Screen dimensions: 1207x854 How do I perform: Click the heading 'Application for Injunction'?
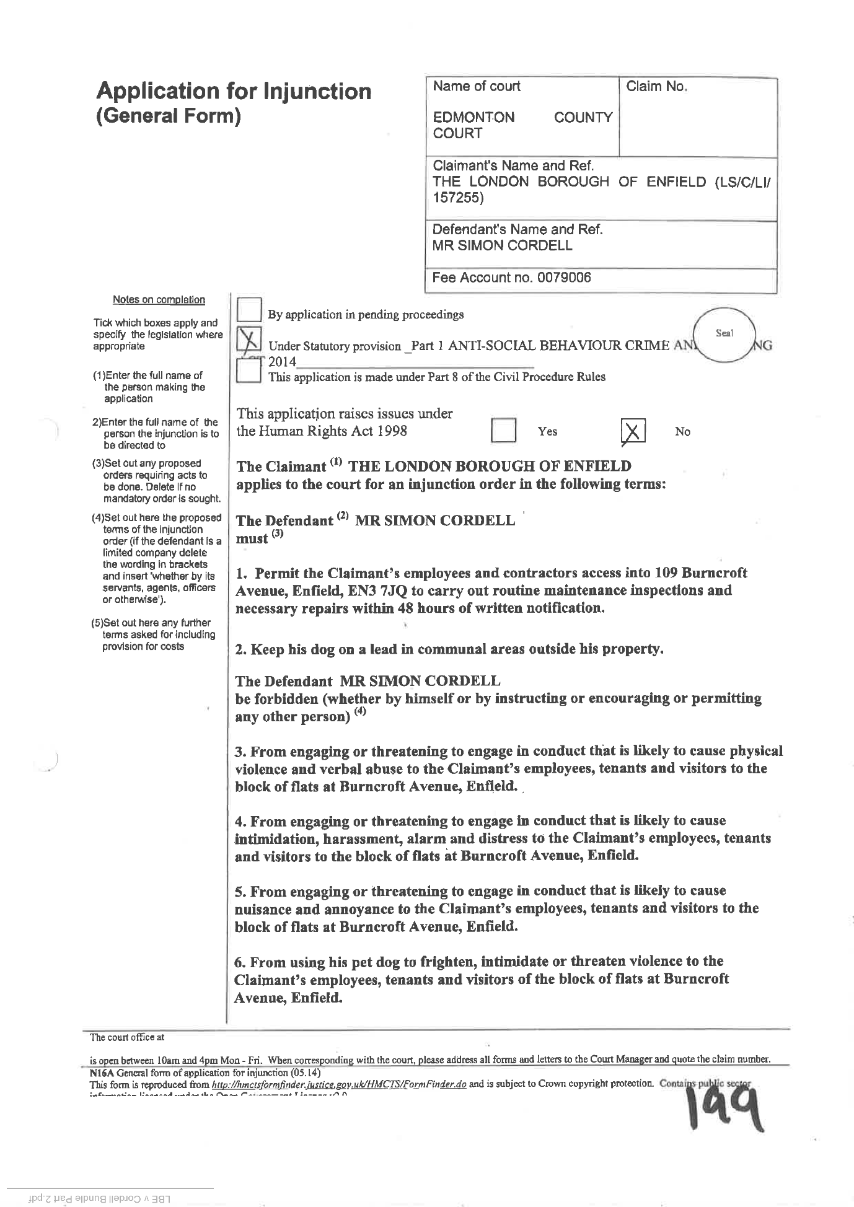[x=234, y=91]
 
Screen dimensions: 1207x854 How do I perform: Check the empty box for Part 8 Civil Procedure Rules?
[x=249, y=373]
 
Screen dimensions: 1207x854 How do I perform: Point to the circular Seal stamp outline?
[x=723, y=336]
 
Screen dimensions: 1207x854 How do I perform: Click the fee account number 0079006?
[x=564, y=278]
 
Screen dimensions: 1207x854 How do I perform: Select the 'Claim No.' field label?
[x=657, y=87]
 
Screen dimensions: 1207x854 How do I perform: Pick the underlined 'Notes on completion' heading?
[x=159, y=300]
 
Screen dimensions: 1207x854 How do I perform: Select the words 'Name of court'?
[x=477, y=86]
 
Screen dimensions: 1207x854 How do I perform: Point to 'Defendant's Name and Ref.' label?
[x=517, y=229]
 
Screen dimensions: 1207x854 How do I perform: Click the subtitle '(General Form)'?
[x=168, y=116]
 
